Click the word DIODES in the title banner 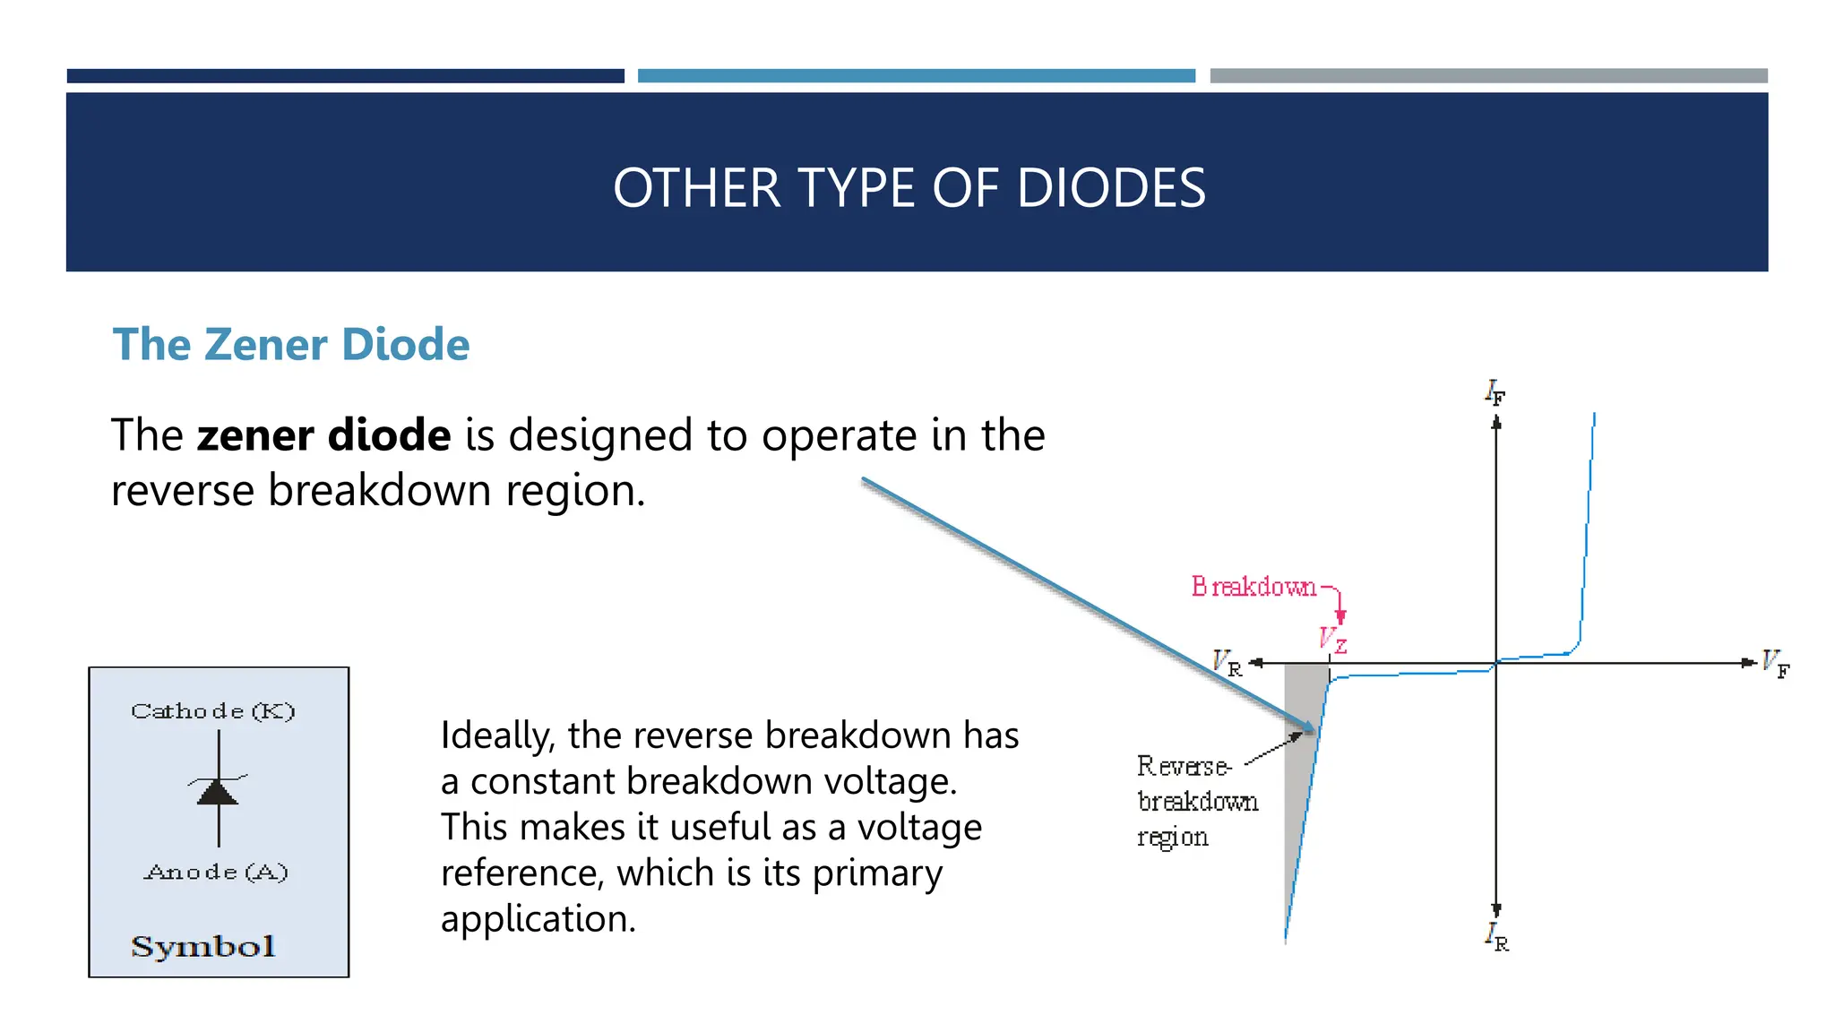click(1111, 188)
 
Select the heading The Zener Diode click(290, 345)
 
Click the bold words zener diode click(323, 435)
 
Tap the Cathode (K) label click(213, 711)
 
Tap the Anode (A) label click(216, 872)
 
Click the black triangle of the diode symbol click(218, 793)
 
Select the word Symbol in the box click(203, 947)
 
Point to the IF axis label click(1495, 392)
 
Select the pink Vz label click(1332, 640)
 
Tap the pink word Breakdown click(1253, 587)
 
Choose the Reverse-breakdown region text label click(1196, 801)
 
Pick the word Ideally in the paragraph click(497, 736)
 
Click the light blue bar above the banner click(916, 76)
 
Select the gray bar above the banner click(1488, 76)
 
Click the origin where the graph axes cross click(1495, 664)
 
